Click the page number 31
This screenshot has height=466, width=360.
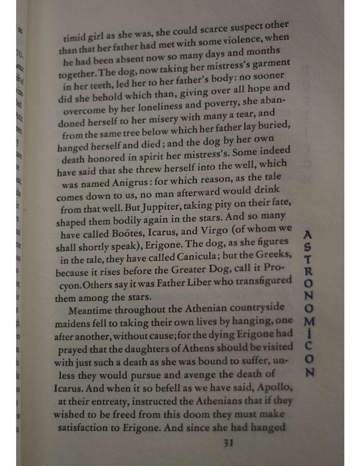click(228, 443)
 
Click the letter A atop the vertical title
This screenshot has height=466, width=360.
click(308, 234)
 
